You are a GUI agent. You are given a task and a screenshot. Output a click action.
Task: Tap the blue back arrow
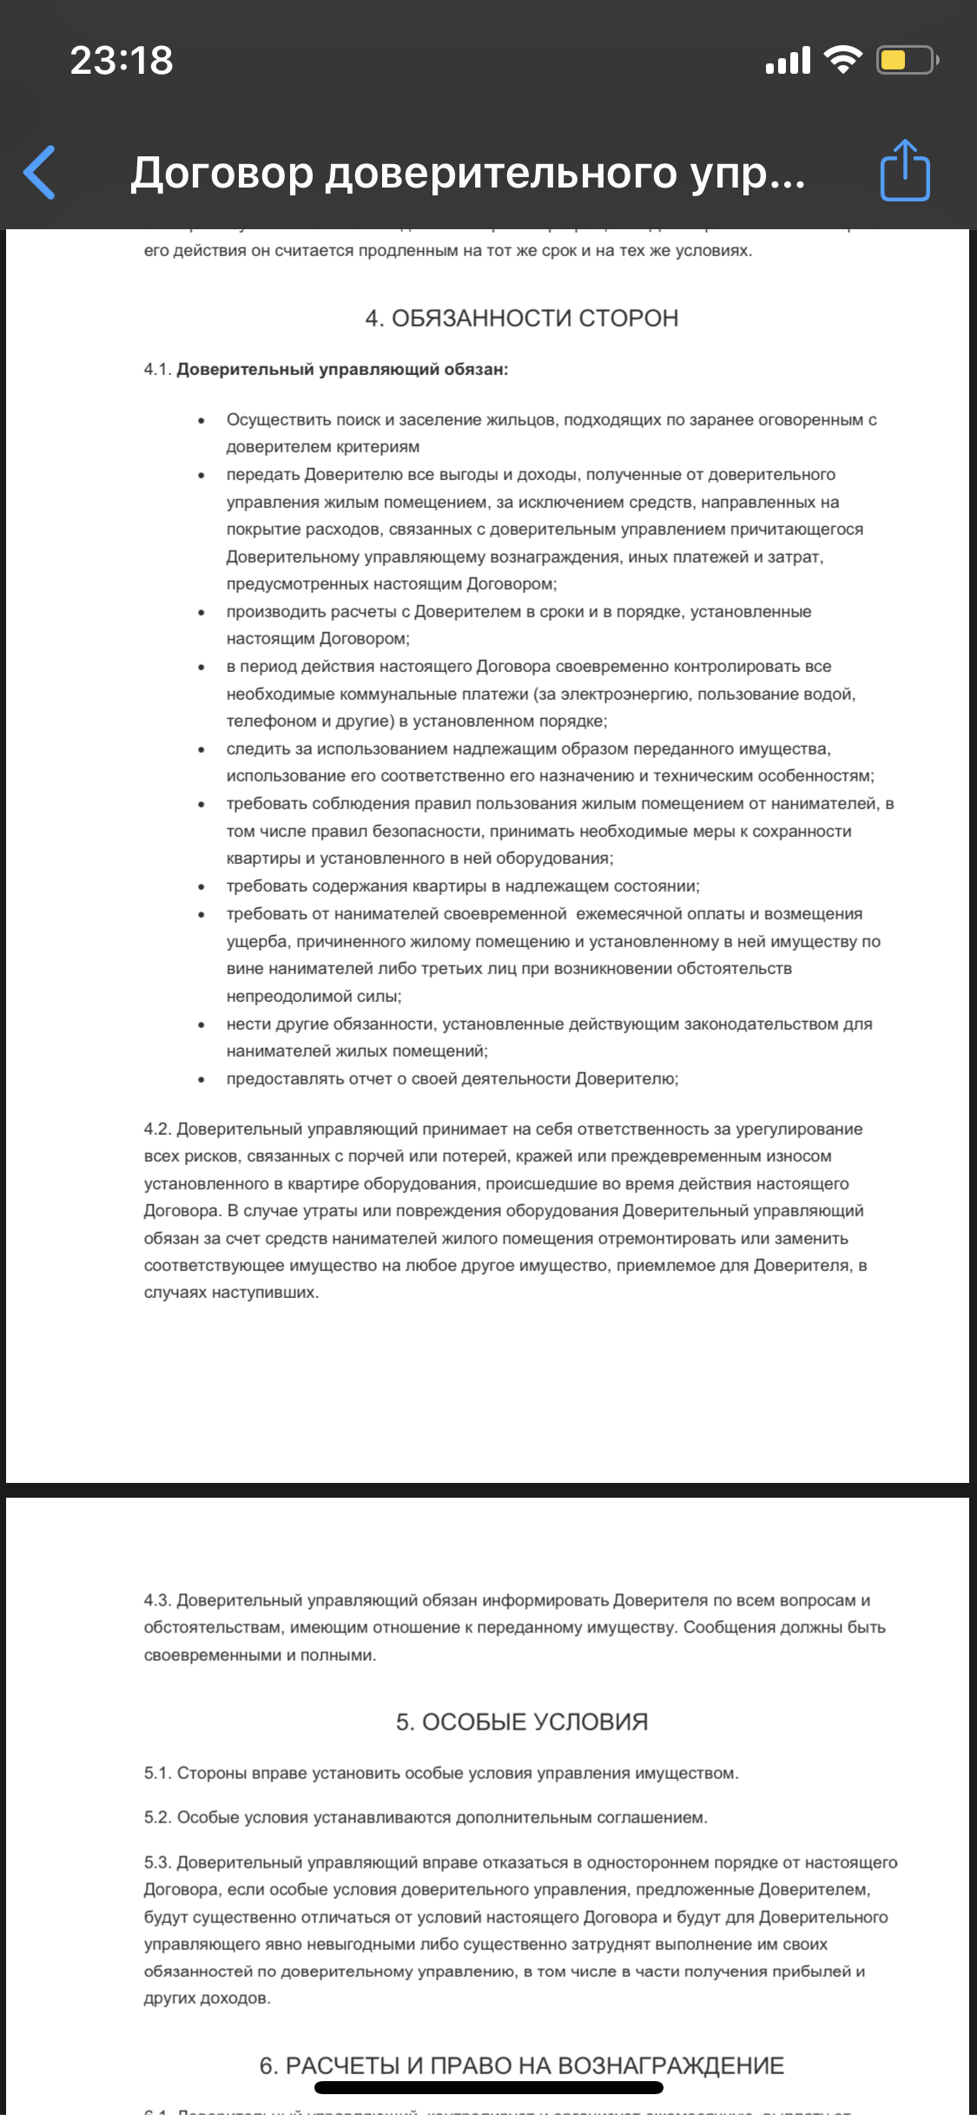click(40, 172)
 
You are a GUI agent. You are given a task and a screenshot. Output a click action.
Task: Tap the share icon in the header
click(905, 171)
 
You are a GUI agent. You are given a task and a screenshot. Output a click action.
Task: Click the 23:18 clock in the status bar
click(122, 61)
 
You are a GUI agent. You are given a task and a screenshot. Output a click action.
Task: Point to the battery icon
click(907, 60)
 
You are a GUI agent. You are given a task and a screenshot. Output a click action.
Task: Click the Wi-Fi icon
click(842, 60)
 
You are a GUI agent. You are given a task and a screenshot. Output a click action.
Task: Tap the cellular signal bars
click(788, 61)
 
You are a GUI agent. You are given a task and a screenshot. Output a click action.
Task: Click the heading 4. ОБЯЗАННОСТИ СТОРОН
click(521, 318)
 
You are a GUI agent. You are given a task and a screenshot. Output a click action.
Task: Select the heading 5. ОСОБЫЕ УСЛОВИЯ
click(521, 1722)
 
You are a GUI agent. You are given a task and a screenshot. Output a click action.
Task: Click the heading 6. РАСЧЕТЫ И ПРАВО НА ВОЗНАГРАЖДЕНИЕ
click(521, 2066)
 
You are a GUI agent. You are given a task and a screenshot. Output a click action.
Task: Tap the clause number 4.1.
click(157, 370)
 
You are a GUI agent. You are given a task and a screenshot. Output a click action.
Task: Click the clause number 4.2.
click(157, 1129)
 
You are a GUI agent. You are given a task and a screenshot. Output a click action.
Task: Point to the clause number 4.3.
click(157, 1600)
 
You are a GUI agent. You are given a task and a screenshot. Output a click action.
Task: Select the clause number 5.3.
click(157, 1862)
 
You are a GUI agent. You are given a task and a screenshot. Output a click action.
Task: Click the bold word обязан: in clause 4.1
click(476, 370)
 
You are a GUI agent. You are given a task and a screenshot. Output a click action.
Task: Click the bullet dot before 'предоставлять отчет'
click(201, 1080)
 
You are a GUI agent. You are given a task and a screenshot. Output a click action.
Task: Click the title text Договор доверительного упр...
click(467, 173)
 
